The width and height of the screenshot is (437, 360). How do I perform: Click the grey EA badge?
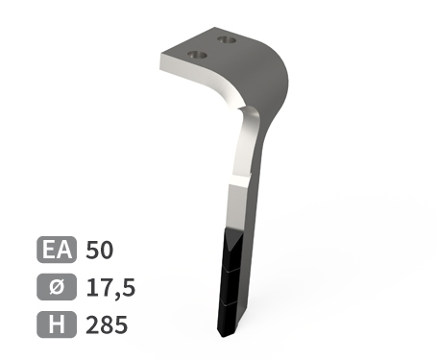click(x=57, y=250)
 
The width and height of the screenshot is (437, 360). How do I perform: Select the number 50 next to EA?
click(x=100, y=250)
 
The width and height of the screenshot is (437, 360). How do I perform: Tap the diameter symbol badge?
click(x=57, y=287)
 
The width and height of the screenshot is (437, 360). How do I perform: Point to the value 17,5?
click(x=110, y=288)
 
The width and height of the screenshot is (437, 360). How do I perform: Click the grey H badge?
click(x=57, y=324)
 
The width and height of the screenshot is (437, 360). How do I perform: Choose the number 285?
click(x=107, y=324)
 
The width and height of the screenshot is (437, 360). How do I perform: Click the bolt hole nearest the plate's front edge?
click(x=197, y=55)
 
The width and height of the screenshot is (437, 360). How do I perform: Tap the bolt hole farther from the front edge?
click(x=227, y=40)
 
